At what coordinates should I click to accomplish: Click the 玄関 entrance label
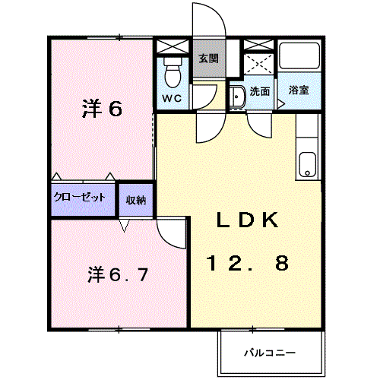pos(208,59)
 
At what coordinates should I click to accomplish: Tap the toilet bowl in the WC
pos(173,73)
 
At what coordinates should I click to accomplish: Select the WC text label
pos(172,98)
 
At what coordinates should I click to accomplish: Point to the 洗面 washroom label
pos(260,91)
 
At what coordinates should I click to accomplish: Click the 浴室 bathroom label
pos(299,90)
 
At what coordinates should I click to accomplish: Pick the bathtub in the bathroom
pos(299,55)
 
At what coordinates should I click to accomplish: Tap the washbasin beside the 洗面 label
pos(238,97)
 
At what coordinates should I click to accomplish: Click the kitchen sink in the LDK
pos(307,165)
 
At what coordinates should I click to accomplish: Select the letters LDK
pos(248,220)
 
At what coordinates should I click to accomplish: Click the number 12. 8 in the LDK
pos(248,263)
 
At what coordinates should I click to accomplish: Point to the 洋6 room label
pos(102,109)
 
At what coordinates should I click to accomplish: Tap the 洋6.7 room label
pos(118,275)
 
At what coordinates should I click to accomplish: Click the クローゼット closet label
pos(80,197)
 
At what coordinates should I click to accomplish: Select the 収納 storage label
pos(136,200)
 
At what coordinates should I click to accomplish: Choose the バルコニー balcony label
pos(270,353)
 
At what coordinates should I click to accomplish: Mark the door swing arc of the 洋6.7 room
pos(165,241)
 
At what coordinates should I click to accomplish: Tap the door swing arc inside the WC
pos(211,101)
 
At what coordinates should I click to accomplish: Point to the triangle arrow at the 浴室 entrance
pos(281,104)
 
